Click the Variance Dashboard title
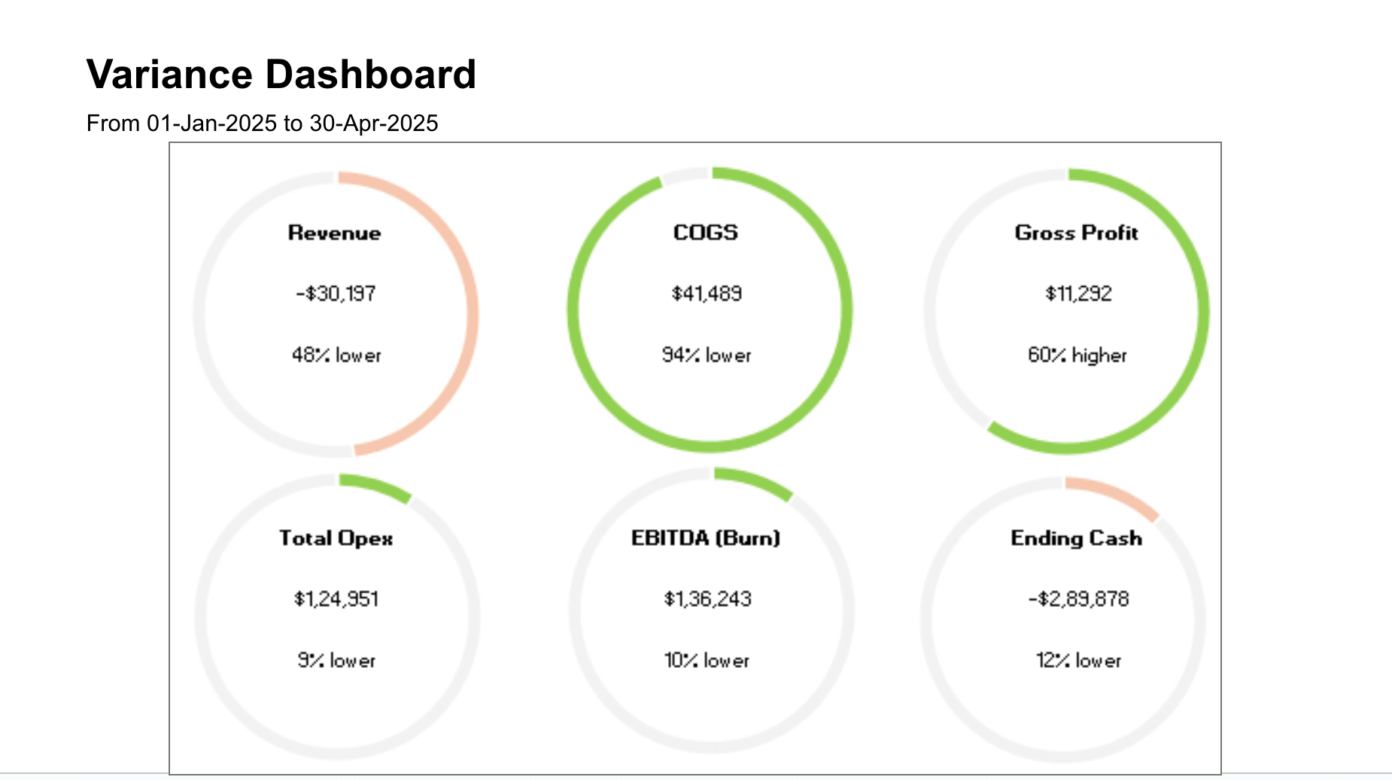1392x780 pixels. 281,75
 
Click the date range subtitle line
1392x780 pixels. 262,123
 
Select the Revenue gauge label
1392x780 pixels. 334,233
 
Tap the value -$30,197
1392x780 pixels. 336,294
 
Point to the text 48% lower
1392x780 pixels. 336,355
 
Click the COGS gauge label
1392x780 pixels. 706,233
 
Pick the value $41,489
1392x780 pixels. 707,294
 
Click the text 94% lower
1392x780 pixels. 707,355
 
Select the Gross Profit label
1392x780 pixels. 1076,233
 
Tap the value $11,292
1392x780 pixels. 1078,294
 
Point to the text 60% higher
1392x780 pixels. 1077,355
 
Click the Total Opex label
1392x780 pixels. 336,538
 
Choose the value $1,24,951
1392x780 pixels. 336,599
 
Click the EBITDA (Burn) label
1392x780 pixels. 706,538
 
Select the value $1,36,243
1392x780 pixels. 707,599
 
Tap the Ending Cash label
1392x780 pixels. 1076,538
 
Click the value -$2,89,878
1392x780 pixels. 1078,599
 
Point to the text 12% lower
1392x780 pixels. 1078,661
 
